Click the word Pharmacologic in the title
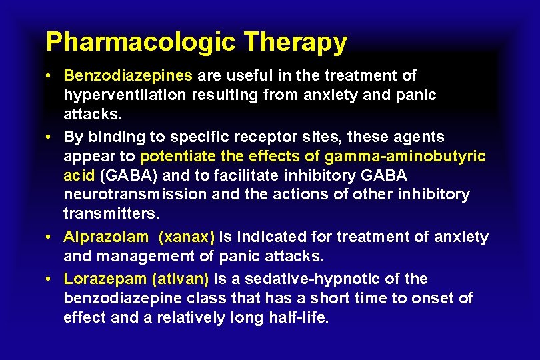(141, 42)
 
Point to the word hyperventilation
(125, 95)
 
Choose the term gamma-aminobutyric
(405, 156)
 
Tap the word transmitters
(111, 213)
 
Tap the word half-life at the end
(298, 317)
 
